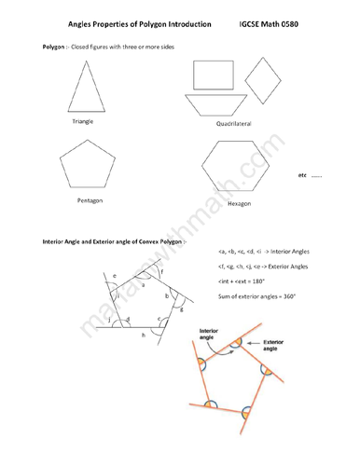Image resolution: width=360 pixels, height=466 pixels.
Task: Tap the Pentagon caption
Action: (x=90, y=199)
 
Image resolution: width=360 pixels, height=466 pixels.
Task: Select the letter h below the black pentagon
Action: (x=143, y=334)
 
